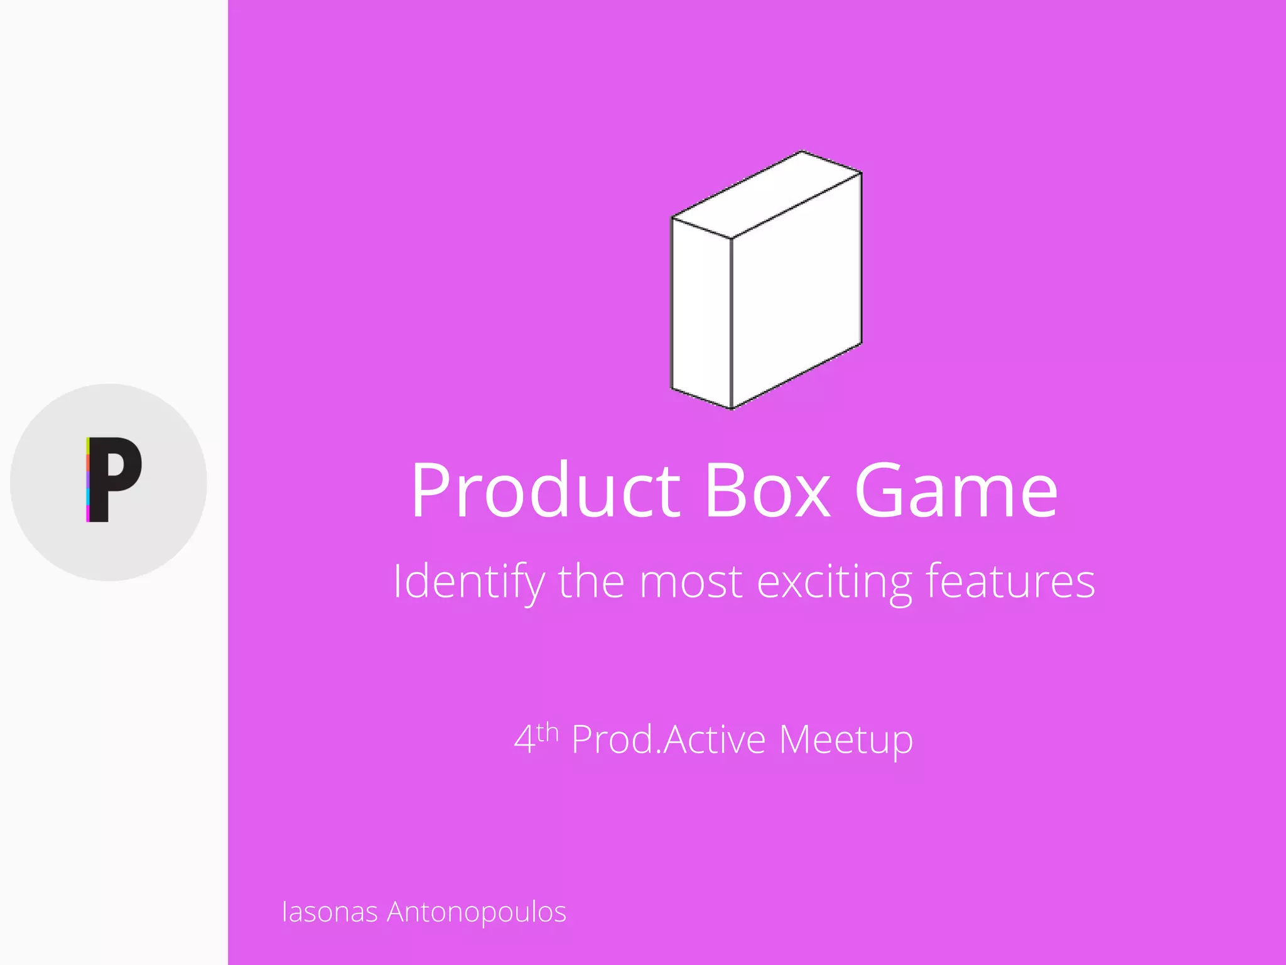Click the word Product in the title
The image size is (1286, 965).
(x=545, y=490)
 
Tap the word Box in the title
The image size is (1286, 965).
(x=767, y=490)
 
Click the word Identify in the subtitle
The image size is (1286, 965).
(x=468, y=582)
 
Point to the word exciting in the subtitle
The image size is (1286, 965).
(x=834, y=582)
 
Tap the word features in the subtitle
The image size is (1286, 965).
(x=1010, y=581)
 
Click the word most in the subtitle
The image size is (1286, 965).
(x=691, y=582)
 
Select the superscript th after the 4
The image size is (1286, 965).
(x=548, y=733)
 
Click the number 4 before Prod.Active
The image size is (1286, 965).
(x=524, y=739)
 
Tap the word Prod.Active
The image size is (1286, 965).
(x=668, y=739)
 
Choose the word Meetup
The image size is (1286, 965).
(x=846, y=741)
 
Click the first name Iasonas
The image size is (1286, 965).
(x=330, y=912)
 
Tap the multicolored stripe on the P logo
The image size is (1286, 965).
(x=88, y=480)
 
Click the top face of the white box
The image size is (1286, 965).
(x=767, y=195)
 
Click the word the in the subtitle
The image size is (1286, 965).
(x=590, y=581)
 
